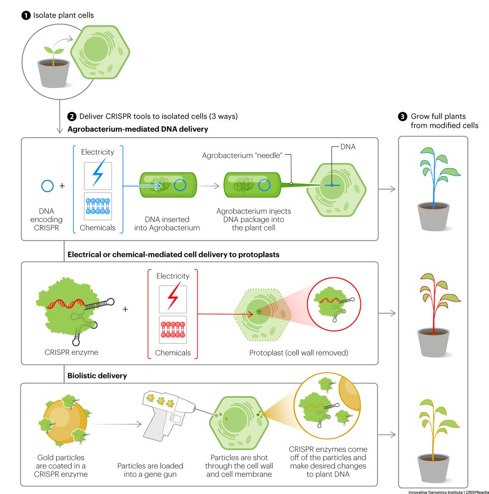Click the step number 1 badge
(x=26, y=16)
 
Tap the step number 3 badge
(x=402, y=117)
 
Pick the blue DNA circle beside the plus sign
(x=47, y=186)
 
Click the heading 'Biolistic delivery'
(x=97, y=375)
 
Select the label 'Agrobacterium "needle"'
(x=242, y=156)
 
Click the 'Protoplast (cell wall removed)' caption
(x=299, y=353)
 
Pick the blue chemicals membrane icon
(x=98, y=206)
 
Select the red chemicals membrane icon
(x=173, y=330)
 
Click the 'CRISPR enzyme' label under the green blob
(x=71, y=352)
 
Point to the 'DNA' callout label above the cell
(x=348, y=147)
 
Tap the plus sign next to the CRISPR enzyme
(x=125, y=309)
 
